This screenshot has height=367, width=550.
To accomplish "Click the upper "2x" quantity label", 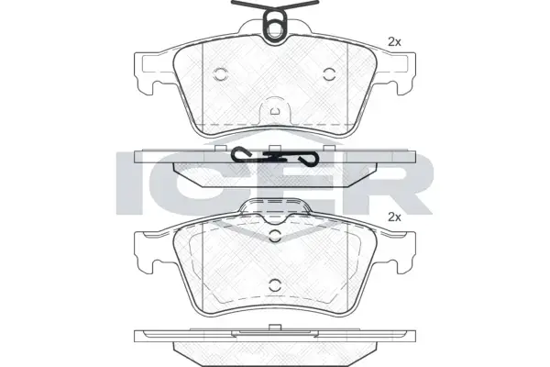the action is tap(394, 42).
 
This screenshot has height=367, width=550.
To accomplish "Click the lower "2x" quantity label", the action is tap(394, 217).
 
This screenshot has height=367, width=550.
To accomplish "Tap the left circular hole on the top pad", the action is tap(221, 73).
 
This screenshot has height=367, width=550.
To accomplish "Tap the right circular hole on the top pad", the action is tap(329, 73).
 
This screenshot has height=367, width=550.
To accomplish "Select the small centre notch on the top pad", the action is tap(275, 112).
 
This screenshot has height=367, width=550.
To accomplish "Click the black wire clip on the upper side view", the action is tap(275, 156).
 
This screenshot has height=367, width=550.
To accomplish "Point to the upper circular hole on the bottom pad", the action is tap(275, 236).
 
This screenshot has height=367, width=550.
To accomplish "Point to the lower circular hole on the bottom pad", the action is tap(275, 284).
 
